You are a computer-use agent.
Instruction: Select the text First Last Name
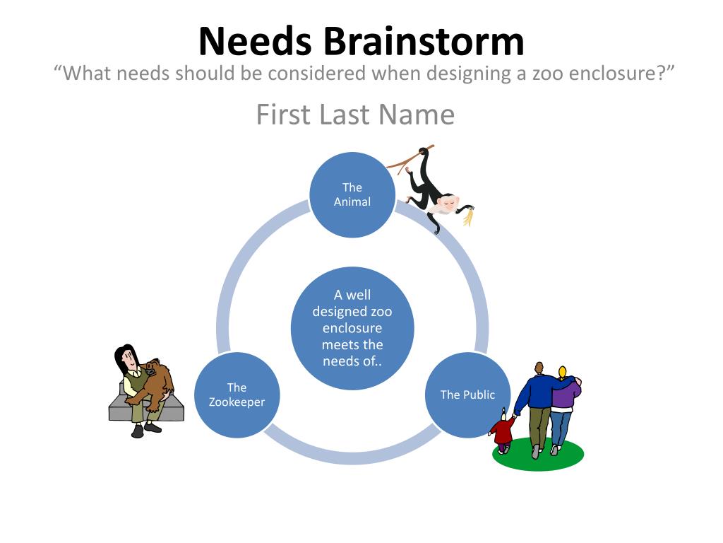355,115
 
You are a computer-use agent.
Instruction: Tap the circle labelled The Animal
352,194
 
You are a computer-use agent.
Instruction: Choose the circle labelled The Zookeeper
237,395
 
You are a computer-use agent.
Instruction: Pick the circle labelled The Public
467,395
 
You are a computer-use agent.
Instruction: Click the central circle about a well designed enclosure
352,328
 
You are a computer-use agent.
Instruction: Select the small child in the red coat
503,431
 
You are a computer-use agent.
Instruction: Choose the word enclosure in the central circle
352,328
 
